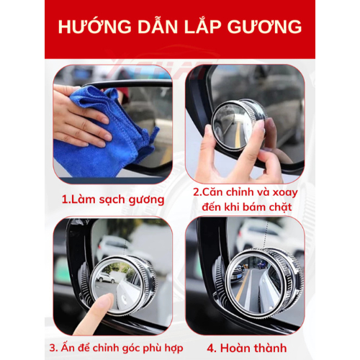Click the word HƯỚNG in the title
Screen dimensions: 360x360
click(x=94, y=26)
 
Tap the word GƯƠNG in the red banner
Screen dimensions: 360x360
click(x=264, y=26)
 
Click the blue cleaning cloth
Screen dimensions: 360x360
click(x=106, y=135)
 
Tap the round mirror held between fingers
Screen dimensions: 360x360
click(x=238, y=125)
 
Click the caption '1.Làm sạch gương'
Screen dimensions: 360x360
click(x=113, y=200)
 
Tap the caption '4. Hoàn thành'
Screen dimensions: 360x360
click(x=247, y=348)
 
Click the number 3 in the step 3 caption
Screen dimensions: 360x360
click(x=53, y=348)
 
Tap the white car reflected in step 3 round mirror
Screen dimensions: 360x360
click(x=106, y=278)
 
